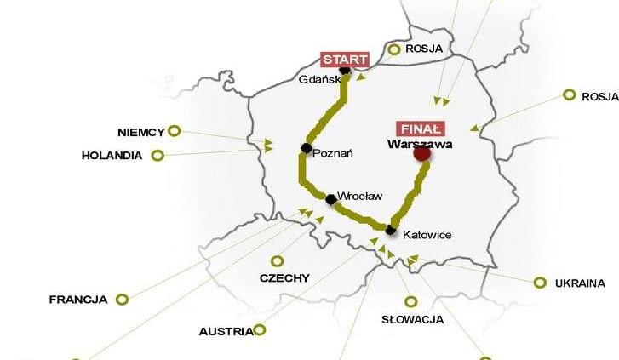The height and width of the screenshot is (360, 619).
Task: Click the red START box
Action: tap(345, 60)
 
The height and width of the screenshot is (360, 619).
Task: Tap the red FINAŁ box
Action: tap(420, 129)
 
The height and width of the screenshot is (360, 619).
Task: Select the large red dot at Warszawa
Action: tap(421, 154)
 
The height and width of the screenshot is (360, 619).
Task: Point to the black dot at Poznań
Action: tap(305, 149)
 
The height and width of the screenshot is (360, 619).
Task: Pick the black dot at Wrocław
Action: tap(330, 199)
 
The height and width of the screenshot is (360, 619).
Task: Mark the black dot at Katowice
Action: tap(390, 230)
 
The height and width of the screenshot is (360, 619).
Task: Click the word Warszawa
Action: tap(419, 144)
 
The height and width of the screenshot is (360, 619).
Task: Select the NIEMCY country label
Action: tap(140, 132)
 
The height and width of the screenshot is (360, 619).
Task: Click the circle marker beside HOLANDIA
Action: tap(158, 156)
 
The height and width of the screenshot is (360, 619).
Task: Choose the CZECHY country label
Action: tap(284, 278)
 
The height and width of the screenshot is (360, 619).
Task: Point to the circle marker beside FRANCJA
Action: tap(122, 299)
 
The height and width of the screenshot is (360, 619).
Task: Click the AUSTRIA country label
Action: tap(226, 331)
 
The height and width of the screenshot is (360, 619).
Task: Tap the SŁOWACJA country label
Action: tap(413, 320)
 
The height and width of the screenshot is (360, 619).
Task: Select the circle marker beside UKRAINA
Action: tap(540, 283)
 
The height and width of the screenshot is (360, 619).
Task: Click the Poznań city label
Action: tap(333, 153)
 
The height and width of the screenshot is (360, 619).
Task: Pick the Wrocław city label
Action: tap(360, 196)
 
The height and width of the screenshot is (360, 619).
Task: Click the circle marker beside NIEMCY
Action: tap(175, 131)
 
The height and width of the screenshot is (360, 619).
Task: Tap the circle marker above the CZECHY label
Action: tap(277, 261)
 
